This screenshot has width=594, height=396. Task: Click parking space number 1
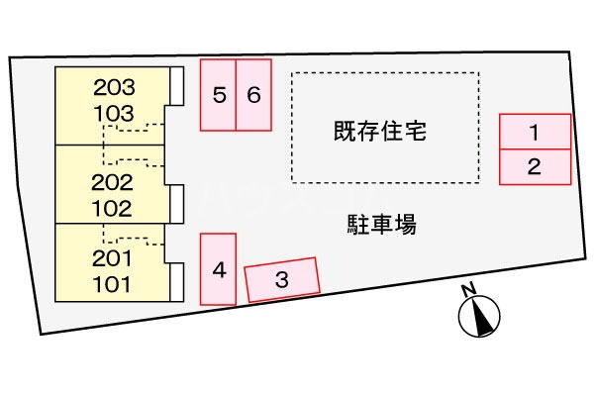(x=535, y=132)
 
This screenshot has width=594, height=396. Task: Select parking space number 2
(x=535, y=166)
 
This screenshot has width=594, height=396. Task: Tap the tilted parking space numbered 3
(x=282, y=279)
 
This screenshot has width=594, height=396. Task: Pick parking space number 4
(x=219, y=268)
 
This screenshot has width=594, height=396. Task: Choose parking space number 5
(x=219, y=95)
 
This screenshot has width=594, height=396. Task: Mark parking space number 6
(x=253, y=95)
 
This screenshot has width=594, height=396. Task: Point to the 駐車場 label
(x=380, y=226)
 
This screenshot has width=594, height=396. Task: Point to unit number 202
(x=112, y=183)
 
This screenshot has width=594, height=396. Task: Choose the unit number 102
(x=112, y=208)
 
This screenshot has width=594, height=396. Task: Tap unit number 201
(x=112, y=259)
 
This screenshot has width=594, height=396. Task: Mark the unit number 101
(x=112, y=283)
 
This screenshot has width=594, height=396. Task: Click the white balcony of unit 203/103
(x=176, y=85)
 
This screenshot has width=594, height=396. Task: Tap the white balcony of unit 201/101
(x=176, y=282)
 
